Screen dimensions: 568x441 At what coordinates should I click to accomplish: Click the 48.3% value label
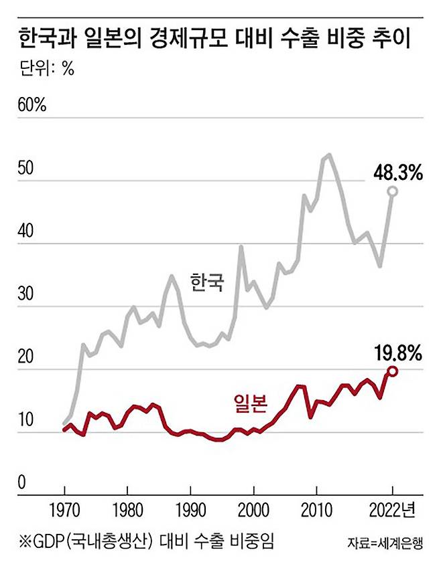[x=397, y=174]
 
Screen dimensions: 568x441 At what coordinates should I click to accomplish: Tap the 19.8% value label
[x=397, y=353]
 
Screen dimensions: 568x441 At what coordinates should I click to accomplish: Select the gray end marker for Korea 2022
[x=393, y=192]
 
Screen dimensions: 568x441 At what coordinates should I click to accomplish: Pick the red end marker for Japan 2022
[x=392, y=371]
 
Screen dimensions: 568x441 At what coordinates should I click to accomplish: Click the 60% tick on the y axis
[x=31, y=106]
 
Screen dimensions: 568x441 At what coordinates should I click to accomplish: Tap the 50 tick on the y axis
[x=25, y=169]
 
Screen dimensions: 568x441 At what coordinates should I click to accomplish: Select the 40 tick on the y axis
[x=25, y=231]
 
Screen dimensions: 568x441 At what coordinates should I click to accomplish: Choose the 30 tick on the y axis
[x=25, y=294]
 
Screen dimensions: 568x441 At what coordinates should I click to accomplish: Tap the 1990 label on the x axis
[x=190, y=510]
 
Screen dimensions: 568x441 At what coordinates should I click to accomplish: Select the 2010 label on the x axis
[x=317, y=510]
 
